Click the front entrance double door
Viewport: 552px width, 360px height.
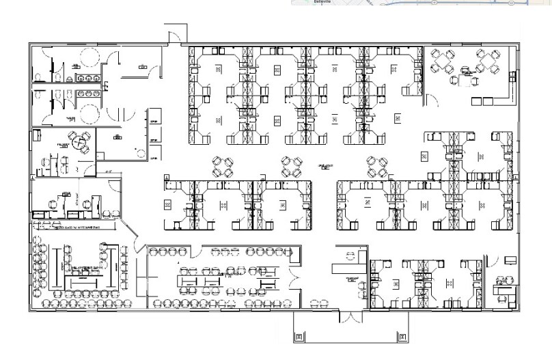346,317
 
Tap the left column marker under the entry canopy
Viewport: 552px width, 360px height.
299,337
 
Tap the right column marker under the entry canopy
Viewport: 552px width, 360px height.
402,337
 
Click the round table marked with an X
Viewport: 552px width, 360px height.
81,142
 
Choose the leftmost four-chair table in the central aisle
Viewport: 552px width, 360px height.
223,165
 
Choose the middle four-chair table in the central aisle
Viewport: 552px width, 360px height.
290,165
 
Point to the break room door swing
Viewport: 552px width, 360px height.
432,101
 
